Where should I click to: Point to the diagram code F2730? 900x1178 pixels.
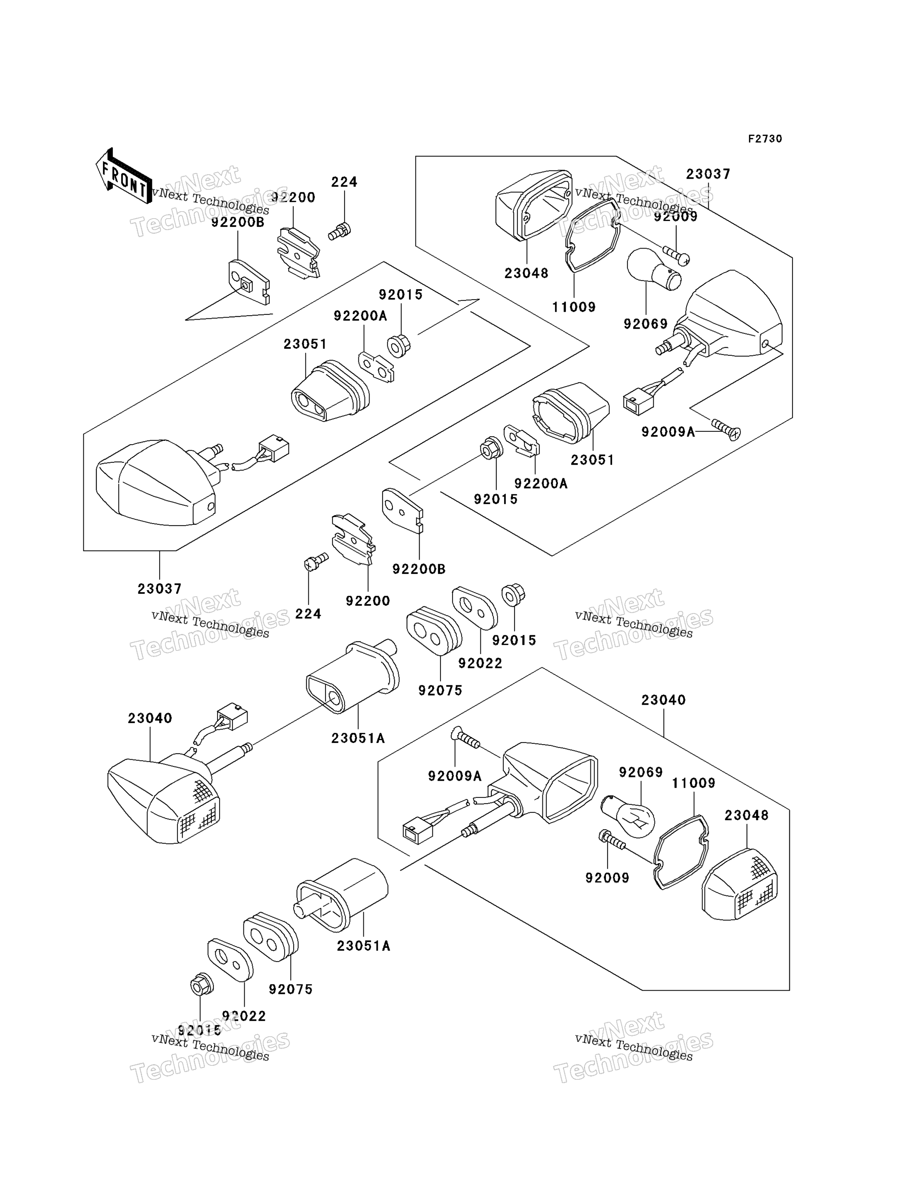(765, 139)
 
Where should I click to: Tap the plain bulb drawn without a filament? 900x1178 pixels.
(653, 269)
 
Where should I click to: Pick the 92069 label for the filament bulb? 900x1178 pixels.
(641, 772)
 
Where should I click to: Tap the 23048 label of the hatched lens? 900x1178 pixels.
(746, 816)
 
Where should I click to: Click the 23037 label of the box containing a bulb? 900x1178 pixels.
(708, 174)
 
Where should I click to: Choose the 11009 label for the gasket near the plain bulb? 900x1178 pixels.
(574, 307)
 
